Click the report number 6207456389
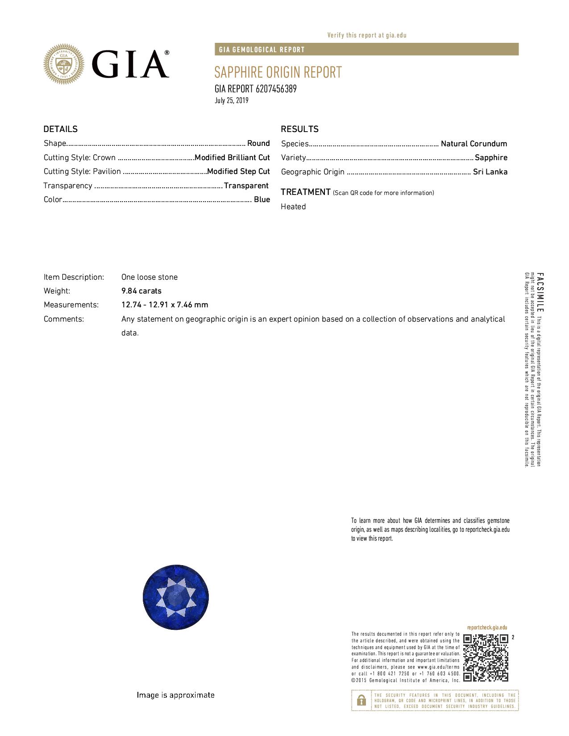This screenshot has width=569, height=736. pyautogui.click(x=276, y=89)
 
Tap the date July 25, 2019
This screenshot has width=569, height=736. pyautogui.click(x=231, y=100)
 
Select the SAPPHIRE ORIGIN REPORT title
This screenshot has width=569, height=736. pyautogui.click(x=278, y=72)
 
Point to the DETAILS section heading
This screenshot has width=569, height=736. pyautogui.click(x=60, y=129)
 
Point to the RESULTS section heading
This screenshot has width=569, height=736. pyautogui.click(x=299, y=129)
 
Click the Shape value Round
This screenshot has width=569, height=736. pyautogui.click(x=258, y=143)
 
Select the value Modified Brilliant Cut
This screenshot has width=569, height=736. pyautogui.click(x=232, y=157)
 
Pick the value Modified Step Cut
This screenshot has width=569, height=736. pyautogui.click(x=238, y=171)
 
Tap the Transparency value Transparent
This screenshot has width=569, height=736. pyautogui.click(x=246, y=186)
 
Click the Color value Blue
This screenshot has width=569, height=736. pyautogui.click(x=262, y=199)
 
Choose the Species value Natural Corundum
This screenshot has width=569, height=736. pyautogui.click(x=473, y=144)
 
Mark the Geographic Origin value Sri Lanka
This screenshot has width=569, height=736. pyautogui.click(x=490, y=172)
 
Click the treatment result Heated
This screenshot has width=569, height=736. pyautogui.click(x=293, y=207)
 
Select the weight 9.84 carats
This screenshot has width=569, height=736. pyautogui.click(x=141, y=291)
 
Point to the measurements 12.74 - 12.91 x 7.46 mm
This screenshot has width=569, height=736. pyautogui.click(x=164, y=305)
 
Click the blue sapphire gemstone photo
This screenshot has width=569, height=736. pyautogui.click(x=176, y=597)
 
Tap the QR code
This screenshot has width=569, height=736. pyautogui.click(x=486, y=657)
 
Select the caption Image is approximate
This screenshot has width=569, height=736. pyautogui.click(x=175, y=695)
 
